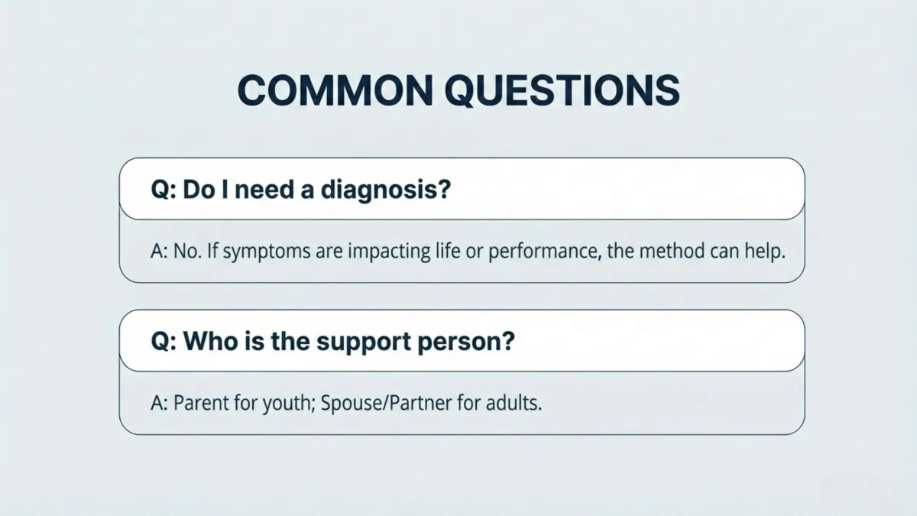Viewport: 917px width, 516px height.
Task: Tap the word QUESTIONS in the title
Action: (562, 91)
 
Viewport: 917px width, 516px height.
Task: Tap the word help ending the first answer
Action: (766, 252)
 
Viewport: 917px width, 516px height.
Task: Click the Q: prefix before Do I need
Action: (164, 190)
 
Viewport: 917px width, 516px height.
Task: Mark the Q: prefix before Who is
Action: (164, 341)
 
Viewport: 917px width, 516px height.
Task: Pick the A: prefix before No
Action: (159, 252)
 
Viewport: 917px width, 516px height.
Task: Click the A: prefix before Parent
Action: (159, 403)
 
